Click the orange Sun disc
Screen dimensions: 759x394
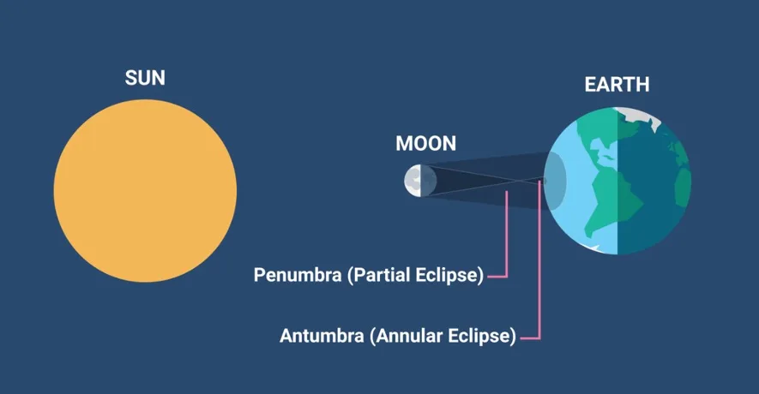tap(145, 191)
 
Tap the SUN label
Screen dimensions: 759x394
tap(145, 78)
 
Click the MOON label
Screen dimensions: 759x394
tap(426, 144)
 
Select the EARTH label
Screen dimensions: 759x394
tap(617, 85)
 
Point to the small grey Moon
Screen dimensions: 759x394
tap(420, 181)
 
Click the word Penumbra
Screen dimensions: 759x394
tap(298, 275)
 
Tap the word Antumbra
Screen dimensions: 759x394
tap(322, 336)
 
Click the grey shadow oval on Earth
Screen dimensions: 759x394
tap(555, 181)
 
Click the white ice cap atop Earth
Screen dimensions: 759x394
tap(639, 116)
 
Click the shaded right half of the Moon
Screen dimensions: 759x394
tap(429, 181)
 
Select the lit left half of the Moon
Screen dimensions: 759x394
tap(413, 181)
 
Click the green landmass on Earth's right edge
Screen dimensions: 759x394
tap(683, 187)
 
